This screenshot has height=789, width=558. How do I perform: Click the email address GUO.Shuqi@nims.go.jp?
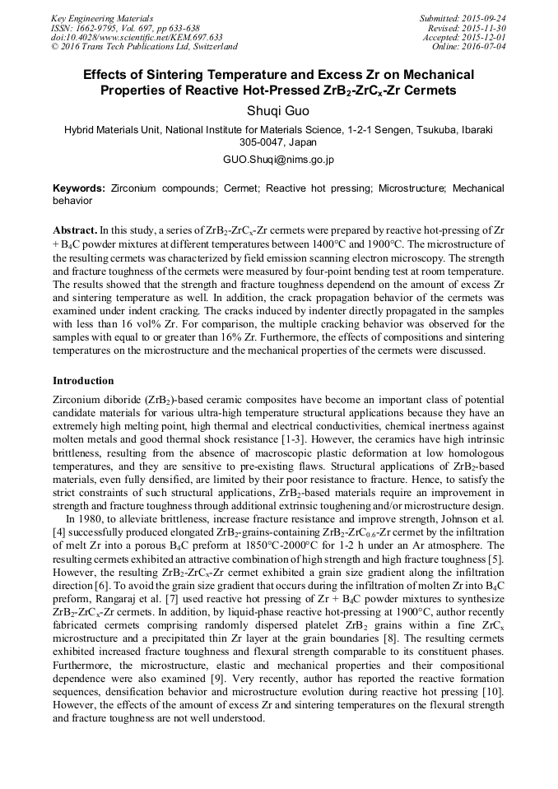point(278,160)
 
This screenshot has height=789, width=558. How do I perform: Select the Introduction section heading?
point(83,381)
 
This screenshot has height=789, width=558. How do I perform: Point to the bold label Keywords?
point(79,188)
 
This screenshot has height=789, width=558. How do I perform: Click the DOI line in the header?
point(137,38)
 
